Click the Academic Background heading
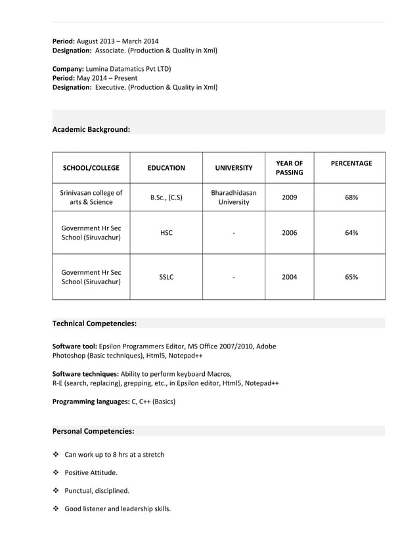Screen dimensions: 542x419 91,130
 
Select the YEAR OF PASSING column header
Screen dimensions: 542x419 289,168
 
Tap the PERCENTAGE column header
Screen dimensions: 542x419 351,163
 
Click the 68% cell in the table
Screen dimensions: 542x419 351,197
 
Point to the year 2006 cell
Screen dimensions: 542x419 289,233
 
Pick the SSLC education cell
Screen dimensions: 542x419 166,277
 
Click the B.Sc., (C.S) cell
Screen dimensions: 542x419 166,197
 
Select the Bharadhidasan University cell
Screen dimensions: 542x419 234,198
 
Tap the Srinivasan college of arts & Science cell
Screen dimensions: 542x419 91,198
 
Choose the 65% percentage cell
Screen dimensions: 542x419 351,277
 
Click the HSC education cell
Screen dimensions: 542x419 166,233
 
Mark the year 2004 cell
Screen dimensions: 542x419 289,277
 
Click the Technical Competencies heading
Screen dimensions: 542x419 95,323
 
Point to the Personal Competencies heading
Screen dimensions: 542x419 93,431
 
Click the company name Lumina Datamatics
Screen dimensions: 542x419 129,68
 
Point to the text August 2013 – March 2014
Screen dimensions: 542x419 118,41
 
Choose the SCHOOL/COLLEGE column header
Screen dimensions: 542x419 91,168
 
